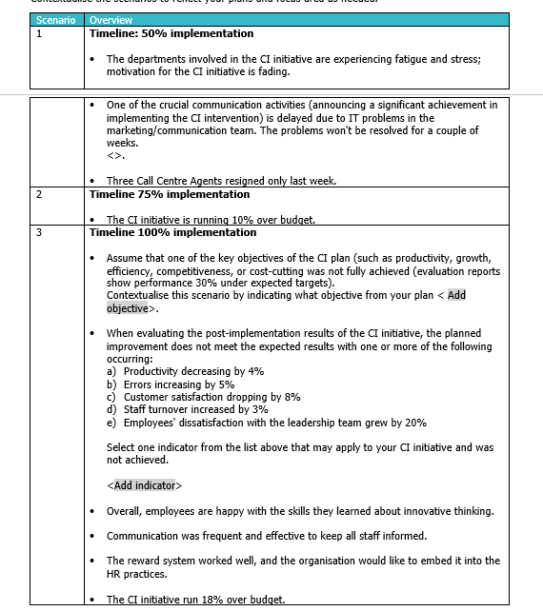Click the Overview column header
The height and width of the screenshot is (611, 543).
(x=111, y=20)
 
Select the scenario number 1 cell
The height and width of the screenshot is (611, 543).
(x=39, y=33)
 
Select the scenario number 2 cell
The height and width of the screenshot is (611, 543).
(x=39, y=194)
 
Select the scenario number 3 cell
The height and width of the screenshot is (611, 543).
(x=39, y=232)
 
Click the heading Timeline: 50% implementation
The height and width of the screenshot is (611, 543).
(x=171, y=33)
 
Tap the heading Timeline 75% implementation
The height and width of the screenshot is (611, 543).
(x=170, y=194)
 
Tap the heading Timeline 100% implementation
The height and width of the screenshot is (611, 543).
(x=172, y=232)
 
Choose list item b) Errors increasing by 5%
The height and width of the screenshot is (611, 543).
(x=171, y=384)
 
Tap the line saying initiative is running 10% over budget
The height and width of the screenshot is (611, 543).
(x=211, y=220)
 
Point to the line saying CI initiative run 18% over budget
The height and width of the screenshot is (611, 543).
(x=195, y=599)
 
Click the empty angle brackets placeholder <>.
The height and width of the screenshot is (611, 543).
(x=115, y=155)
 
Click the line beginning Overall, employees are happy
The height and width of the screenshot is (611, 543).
(x=299, y=511)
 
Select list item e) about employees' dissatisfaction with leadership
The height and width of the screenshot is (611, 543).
(x=266, y=423)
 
